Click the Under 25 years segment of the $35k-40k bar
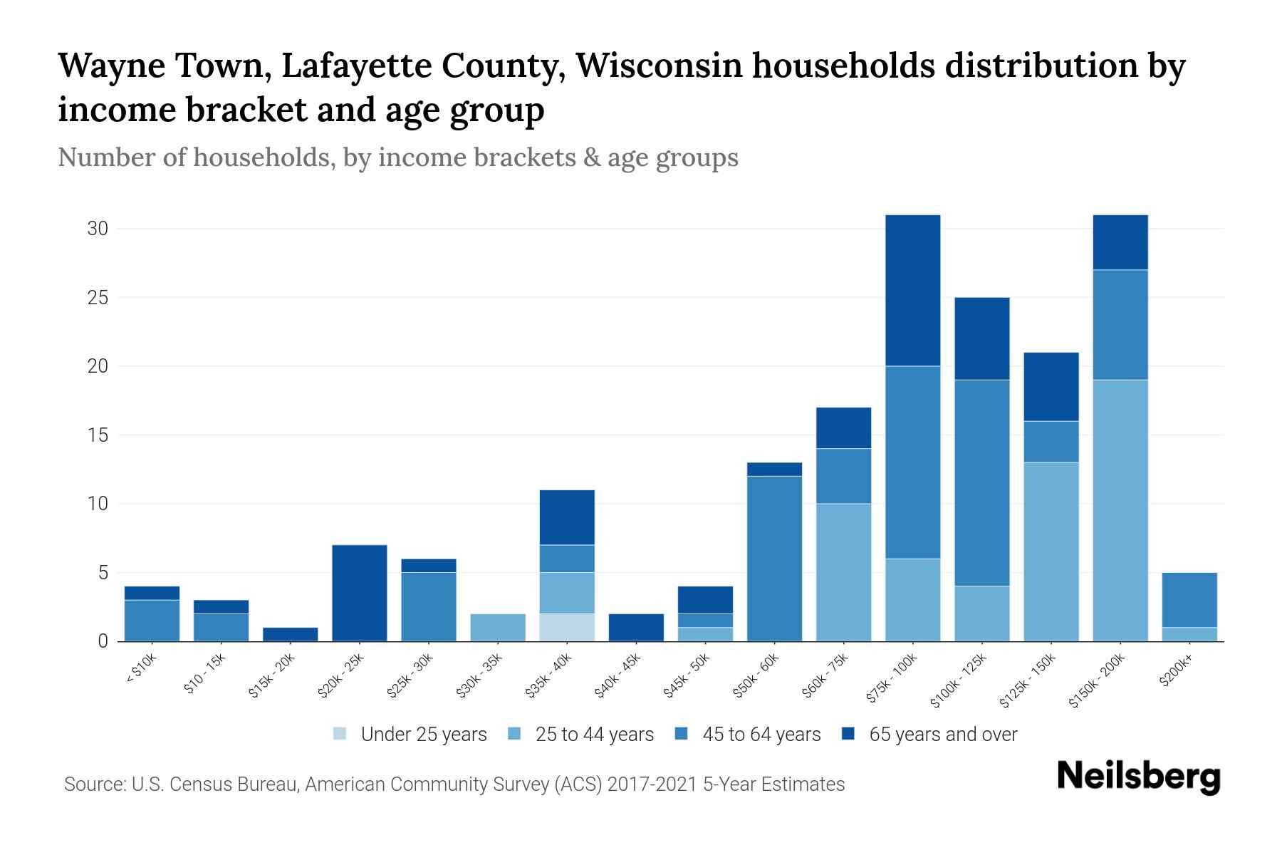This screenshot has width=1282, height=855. [x=567, y=627]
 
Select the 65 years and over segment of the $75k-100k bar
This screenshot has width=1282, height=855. [x=912, y=290]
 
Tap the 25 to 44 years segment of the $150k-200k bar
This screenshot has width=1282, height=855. [x=1120, y=510]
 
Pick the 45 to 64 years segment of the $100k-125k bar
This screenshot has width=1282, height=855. [x=981, y=482]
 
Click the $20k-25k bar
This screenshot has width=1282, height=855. [x=359, y=593]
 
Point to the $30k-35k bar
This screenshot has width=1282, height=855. [x=498, y=627]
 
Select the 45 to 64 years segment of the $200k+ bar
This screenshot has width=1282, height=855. [x=1189, y=599]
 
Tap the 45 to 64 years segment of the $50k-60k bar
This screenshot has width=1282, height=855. [x=774, y=558]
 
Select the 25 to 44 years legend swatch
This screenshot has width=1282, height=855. [x=514, y=734]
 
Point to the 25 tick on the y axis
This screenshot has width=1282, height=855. [x=98, y=297]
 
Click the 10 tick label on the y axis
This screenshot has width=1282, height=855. [x=98, y=504]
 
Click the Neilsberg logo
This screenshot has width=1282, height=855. [x=1138, y=777]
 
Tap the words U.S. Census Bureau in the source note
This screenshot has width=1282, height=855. [x=217, y=784]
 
